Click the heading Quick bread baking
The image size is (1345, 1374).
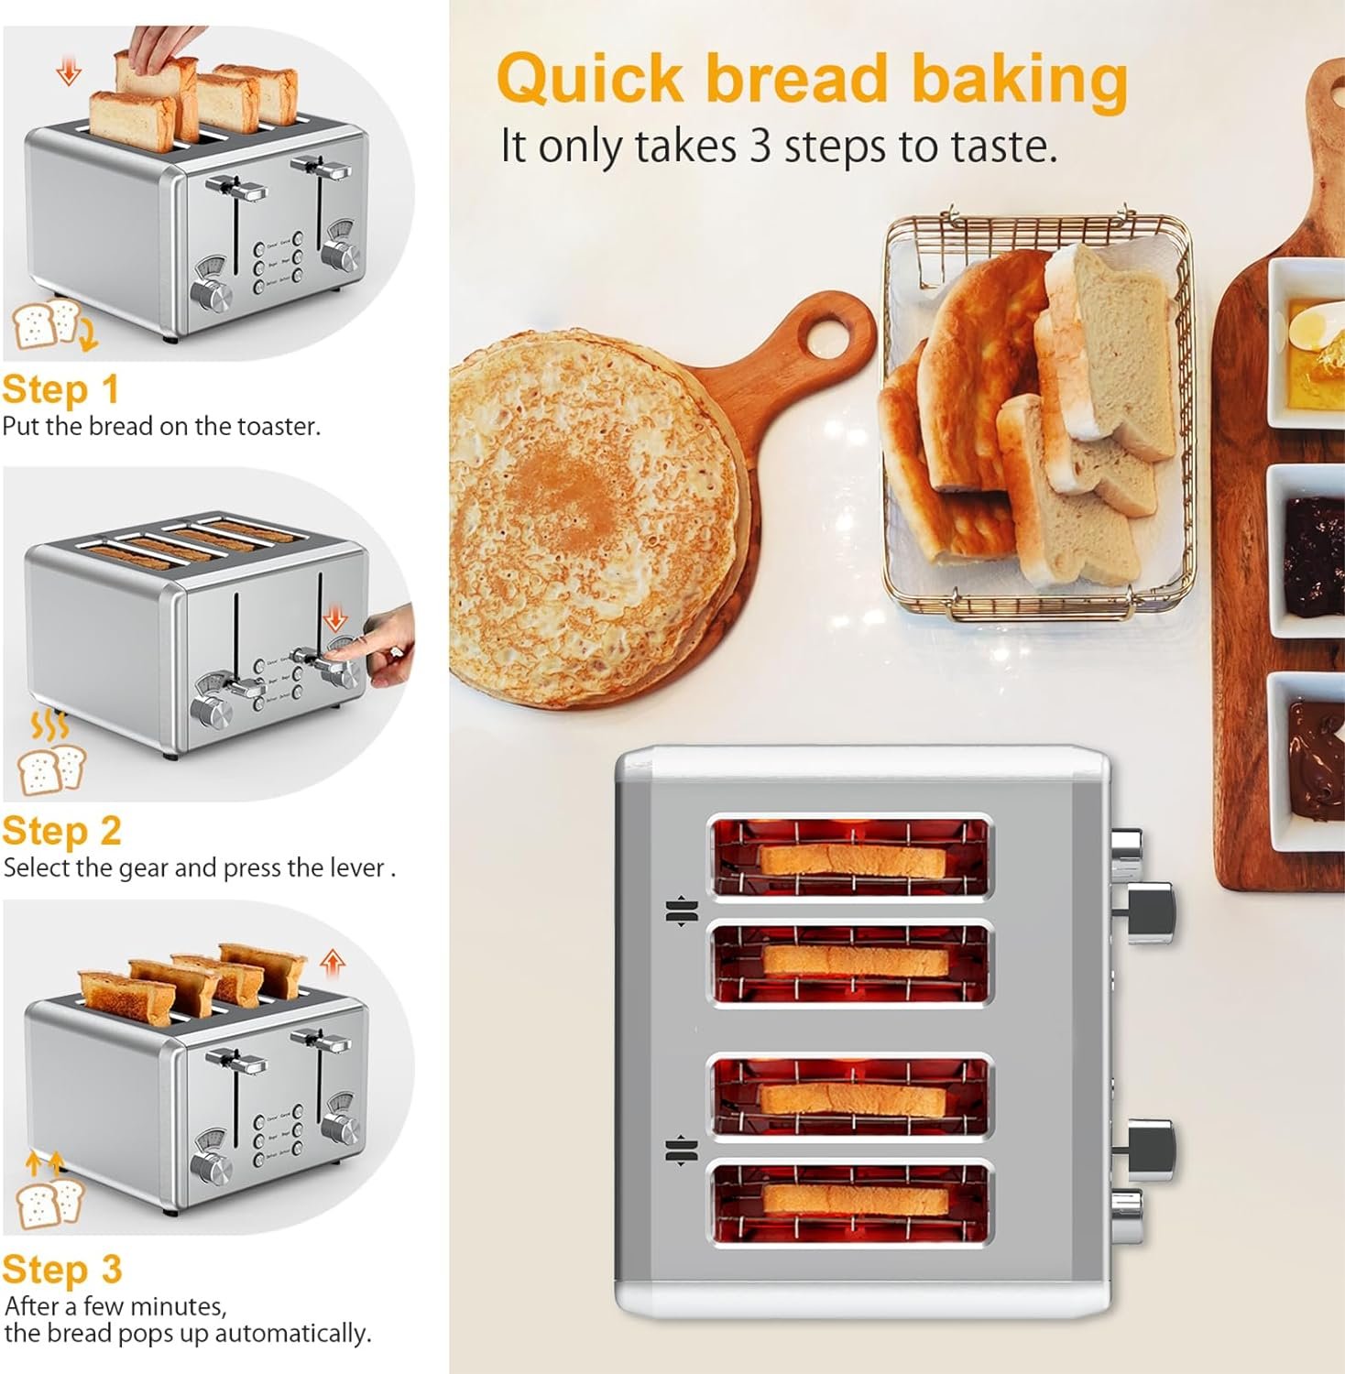pyautogui.click(x=811, y=80)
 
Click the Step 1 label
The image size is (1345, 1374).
pyautogui.click(x=60, y=389)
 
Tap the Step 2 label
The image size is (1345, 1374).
pyautogui.click(x=61, y=831)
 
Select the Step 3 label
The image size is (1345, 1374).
pyautogui.click(x=61, y=1270)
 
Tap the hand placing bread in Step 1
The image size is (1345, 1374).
pyautogui.click(x=163, y=46)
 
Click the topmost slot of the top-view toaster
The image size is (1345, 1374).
pyautogui.click(x=850, y=857)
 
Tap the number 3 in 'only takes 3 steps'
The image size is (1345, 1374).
pyautogui.click(x=760, y=147)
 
